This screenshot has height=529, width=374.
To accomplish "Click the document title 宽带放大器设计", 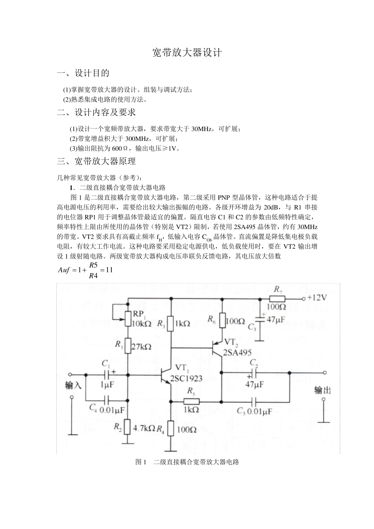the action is click(187, 53).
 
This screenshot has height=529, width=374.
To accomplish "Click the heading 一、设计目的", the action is click(83, 73).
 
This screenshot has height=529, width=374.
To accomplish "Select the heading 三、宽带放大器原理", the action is click(96, 161).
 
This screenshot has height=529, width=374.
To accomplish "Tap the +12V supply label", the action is click(317, 298).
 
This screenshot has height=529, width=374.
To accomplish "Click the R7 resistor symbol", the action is click(278, 298).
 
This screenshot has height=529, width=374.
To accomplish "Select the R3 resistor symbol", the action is click(171, 324).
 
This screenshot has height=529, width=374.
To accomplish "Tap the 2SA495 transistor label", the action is click(237, 353).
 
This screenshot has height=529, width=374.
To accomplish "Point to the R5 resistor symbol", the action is click(191, 401).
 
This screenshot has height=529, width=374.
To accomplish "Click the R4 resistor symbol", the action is click(171, 429).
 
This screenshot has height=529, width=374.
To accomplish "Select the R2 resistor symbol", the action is click(127, 427).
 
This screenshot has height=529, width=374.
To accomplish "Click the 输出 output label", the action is click(322, 390).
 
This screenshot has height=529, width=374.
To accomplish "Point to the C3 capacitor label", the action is click(252, 327).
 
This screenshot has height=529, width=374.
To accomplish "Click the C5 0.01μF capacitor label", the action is click(254, 411).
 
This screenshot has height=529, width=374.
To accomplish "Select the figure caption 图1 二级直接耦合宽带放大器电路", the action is click(187, 462).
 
